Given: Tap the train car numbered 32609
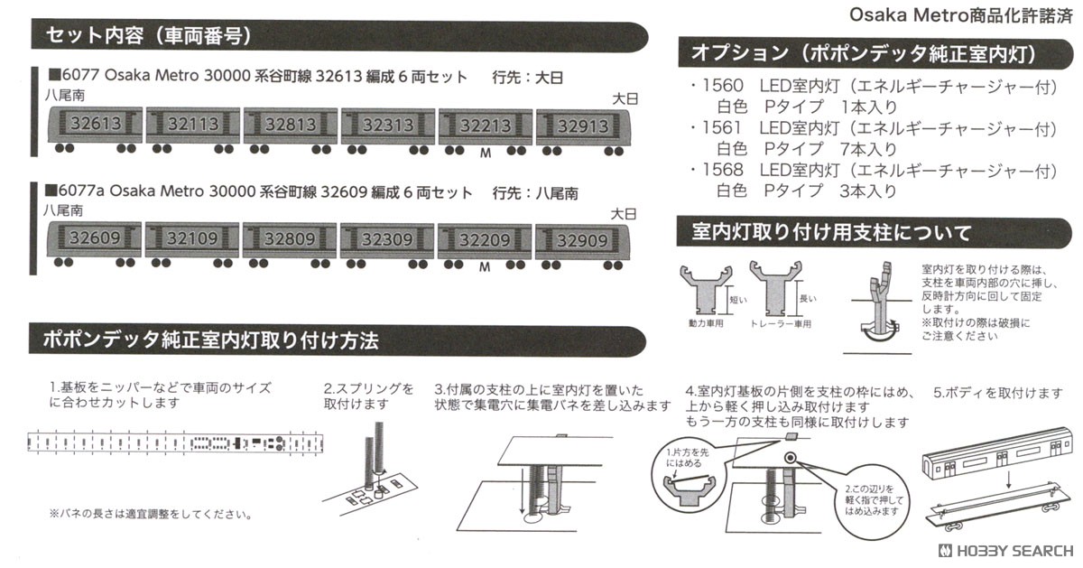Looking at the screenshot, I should tap(94, 240).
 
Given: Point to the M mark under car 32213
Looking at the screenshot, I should tap(486, 153).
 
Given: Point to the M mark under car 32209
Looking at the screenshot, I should tap(485, 267).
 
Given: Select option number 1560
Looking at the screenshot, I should tap(722, 86).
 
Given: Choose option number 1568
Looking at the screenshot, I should tap(722, 171).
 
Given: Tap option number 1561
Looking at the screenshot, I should tap(722, 128).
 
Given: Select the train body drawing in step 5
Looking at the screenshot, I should tap(988, 461).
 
